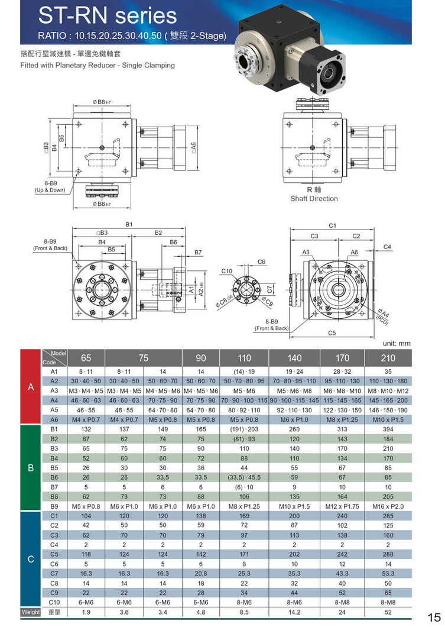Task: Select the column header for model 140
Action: tap(294, 358)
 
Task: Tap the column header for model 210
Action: tap(388, 358)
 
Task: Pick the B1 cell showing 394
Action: tap(388, 429)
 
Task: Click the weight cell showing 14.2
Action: tap(294, 612)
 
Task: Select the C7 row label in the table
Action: tap(54, 573)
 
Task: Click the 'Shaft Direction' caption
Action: tap(314, 199)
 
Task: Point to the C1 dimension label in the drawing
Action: tap(332, 225)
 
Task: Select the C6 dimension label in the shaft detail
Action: tap(261, 261)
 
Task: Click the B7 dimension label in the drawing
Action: tap(198, 253)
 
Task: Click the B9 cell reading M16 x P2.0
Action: tap(388, 506)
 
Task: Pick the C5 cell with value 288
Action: tap(388, 554)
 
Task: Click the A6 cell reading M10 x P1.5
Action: tap(388, 419)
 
